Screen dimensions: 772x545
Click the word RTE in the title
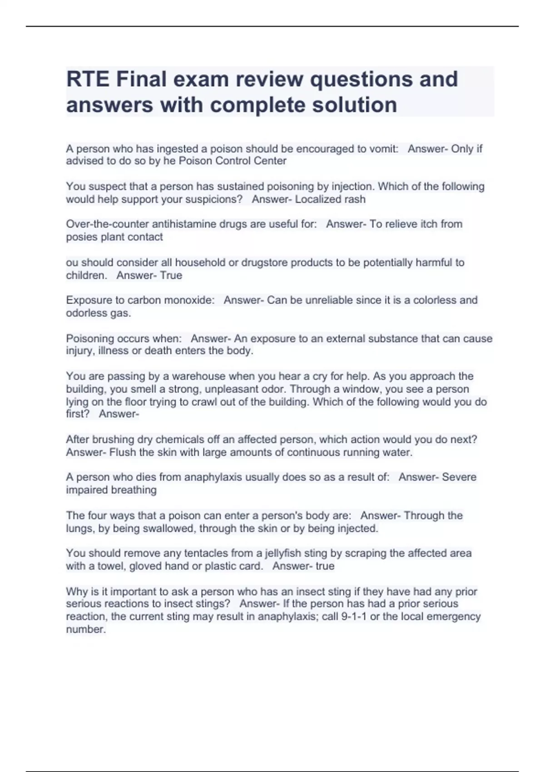88,79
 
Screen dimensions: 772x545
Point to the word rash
355,199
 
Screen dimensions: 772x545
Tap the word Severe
459,477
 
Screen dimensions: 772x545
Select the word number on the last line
85,629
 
